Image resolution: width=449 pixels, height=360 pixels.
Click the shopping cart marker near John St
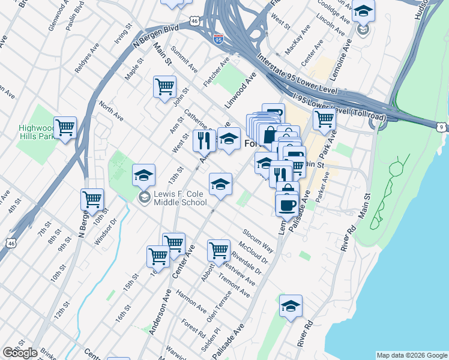(164, 87)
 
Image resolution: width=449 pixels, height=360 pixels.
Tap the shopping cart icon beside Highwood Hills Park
(65, 128)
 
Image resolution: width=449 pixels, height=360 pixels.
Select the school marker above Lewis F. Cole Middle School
(143, 176)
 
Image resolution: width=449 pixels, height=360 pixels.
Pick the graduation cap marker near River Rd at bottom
(291, 307)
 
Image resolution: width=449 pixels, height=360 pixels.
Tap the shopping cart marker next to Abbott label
(218, 251)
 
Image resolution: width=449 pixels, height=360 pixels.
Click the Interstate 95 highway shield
(218, 39)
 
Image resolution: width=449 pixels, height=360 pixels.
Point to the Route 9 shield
(441, 127)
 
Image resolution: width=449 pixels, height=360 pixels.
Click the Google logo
(20, 353)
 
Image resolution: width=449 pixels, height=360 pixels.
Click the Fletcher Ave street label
(217, 71)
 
